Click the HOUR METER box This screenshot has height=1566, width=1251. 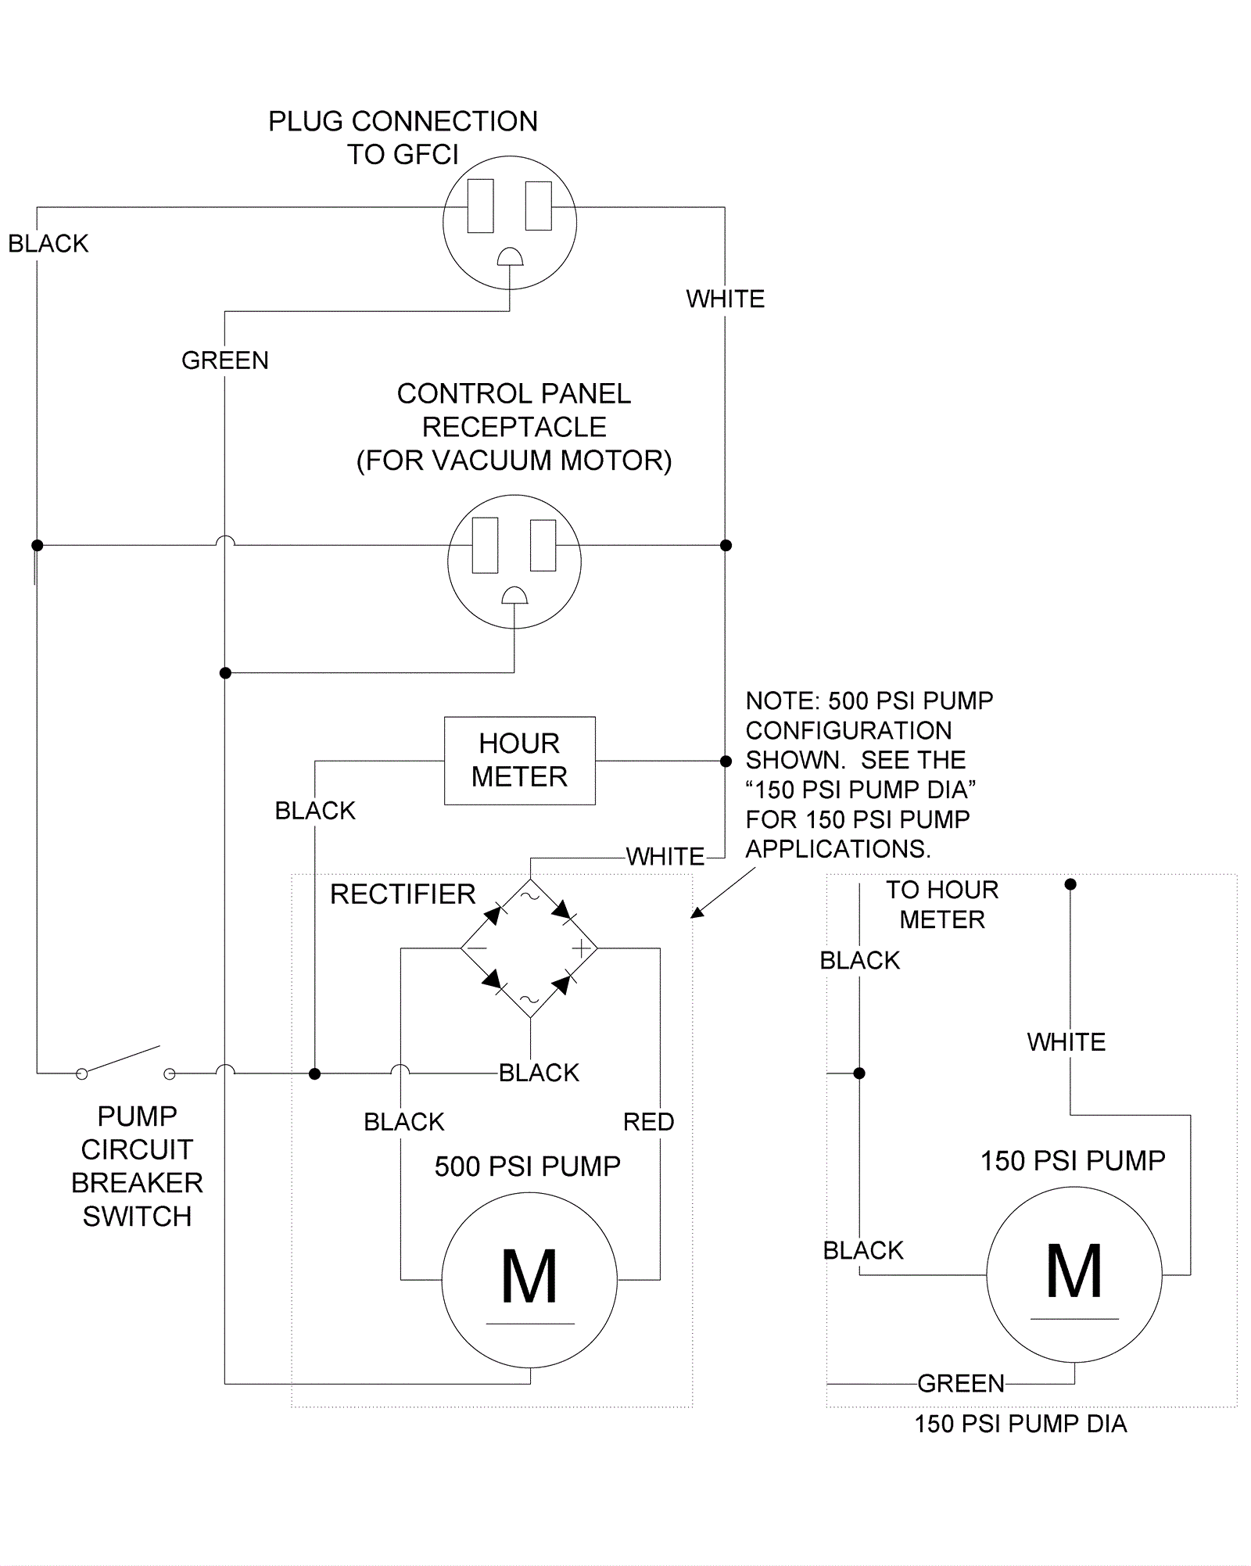[x=519, y=760]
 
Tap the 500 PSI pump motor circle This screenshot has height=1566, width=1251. [x=529, y=1279]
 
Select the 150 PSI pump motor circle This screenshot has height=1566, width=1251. [x=1074, y=1274]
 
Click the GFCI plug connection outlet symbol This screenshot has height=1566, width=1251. [x=510, y=223]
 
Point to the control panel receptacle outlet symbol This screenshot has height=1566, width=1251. [x=514, y=561]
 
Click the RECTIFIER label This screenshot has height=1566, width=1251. [x=403, y=894]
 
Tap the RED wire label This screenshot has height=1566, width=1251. [x=648, y=1122]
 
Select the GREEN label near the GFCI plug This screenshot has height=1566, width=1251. [x=225, y=360]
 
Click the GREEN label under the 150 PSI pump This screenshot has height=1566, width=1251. [x=961, y=1383]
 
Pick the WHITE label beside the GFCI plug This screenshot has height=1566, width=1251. [x=726, y=299]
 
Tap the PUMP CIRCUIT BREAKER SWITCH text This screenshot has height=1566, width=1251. [x=137, y=1166]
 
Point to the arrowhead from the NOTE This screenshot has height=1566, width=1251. [x=697, y=912]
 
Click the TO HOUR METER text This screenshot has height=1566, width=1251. [x=942, y=905]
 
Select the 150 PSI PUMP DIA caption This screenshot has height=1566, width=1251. [x=1020, y=1424]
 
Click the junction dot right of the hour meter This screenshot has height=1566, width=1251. [x=726, y=761]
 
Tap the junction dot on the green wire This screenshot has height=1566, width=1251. [x=225, y=673]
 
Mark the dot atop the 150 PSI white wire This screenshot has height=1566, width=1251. [x=1070, y=884]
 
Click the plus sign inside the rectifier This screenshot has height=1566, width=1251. [x=582, y=949]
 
